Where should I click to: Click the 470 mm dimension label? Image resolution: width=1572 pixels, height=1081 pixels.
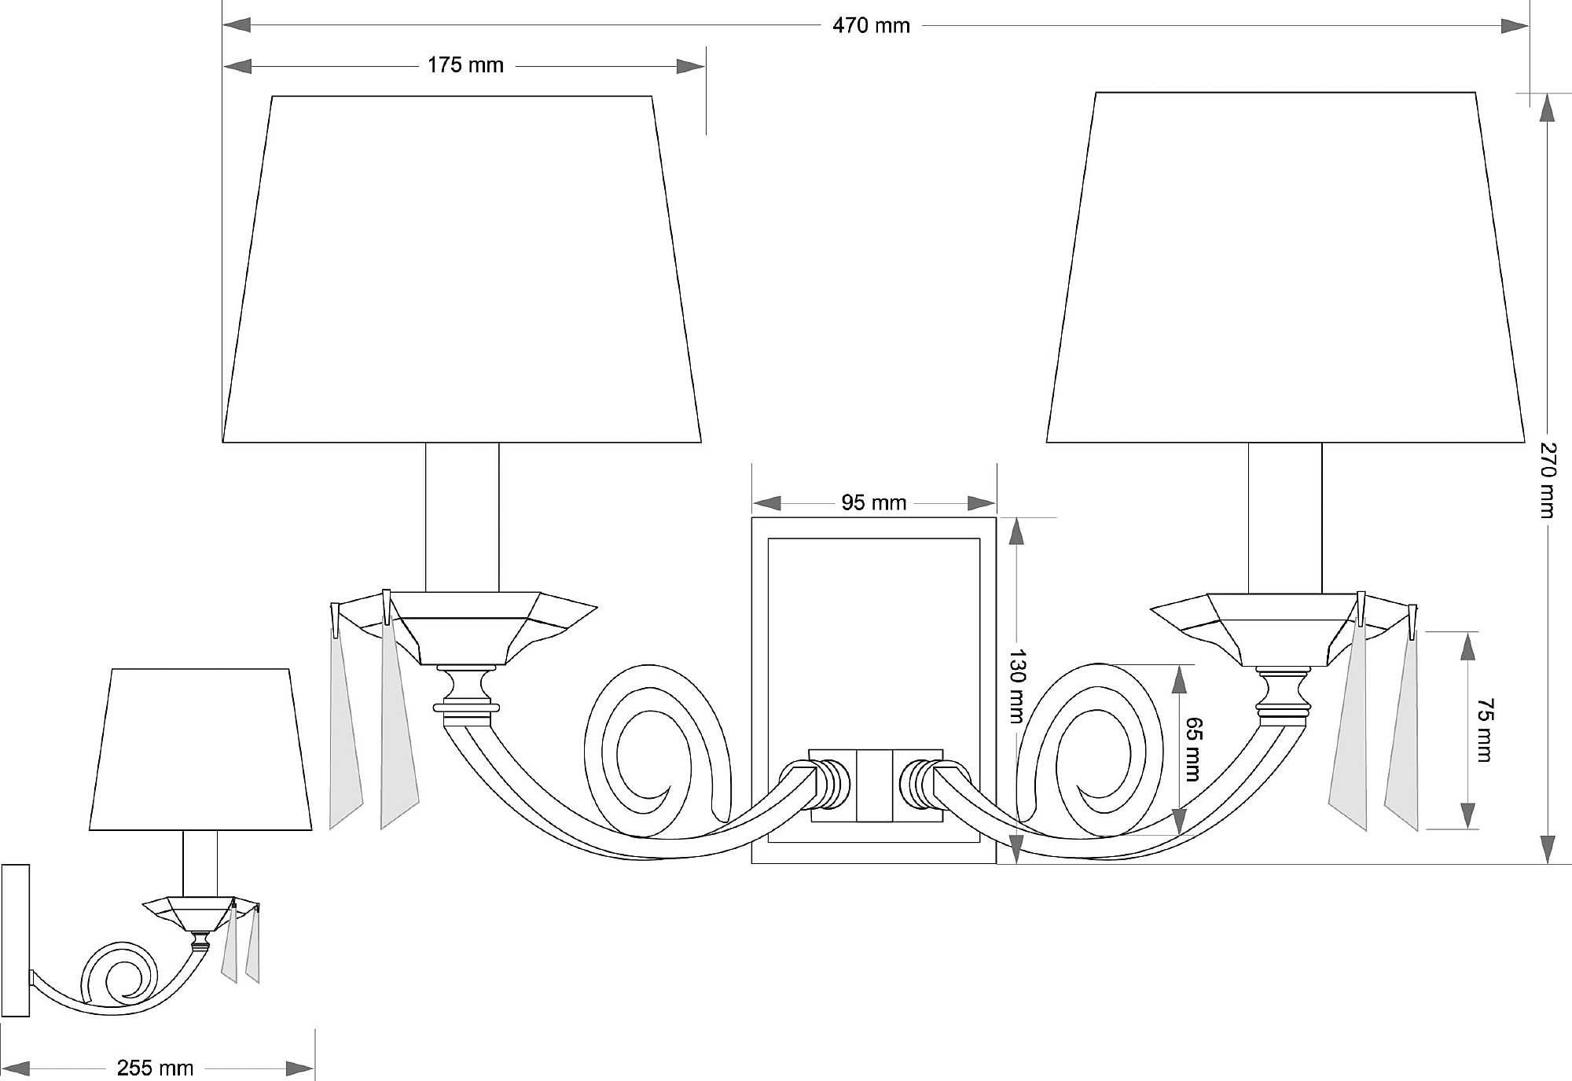point(871,26)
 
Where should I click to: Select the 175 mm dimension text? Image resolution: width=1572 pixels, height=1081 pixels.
point(465,65)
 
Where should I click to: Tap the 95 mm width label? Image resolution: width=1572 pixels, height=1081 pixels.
point(873,502)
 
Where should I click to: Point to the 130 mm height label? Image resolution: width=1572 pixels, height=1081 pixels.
point(1017,686)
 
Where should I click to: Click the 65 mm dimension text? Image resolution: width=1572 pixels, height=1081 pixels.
point(1193,748)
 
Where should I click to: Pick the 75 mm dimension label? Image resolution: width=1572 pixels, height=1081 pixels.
point(1485,730)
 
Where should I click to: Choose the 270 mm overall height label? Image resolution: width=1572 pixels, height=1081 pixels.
point(1547,480)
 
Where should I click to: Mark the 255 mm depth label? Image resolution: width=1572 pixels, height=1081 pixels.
point(155,1068)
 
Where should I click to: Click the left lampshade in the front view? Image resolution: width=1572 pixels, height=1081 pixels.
point(462,269)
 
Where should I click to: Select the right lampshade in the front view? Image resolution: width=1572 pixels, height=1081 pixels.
point(1285,267)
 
